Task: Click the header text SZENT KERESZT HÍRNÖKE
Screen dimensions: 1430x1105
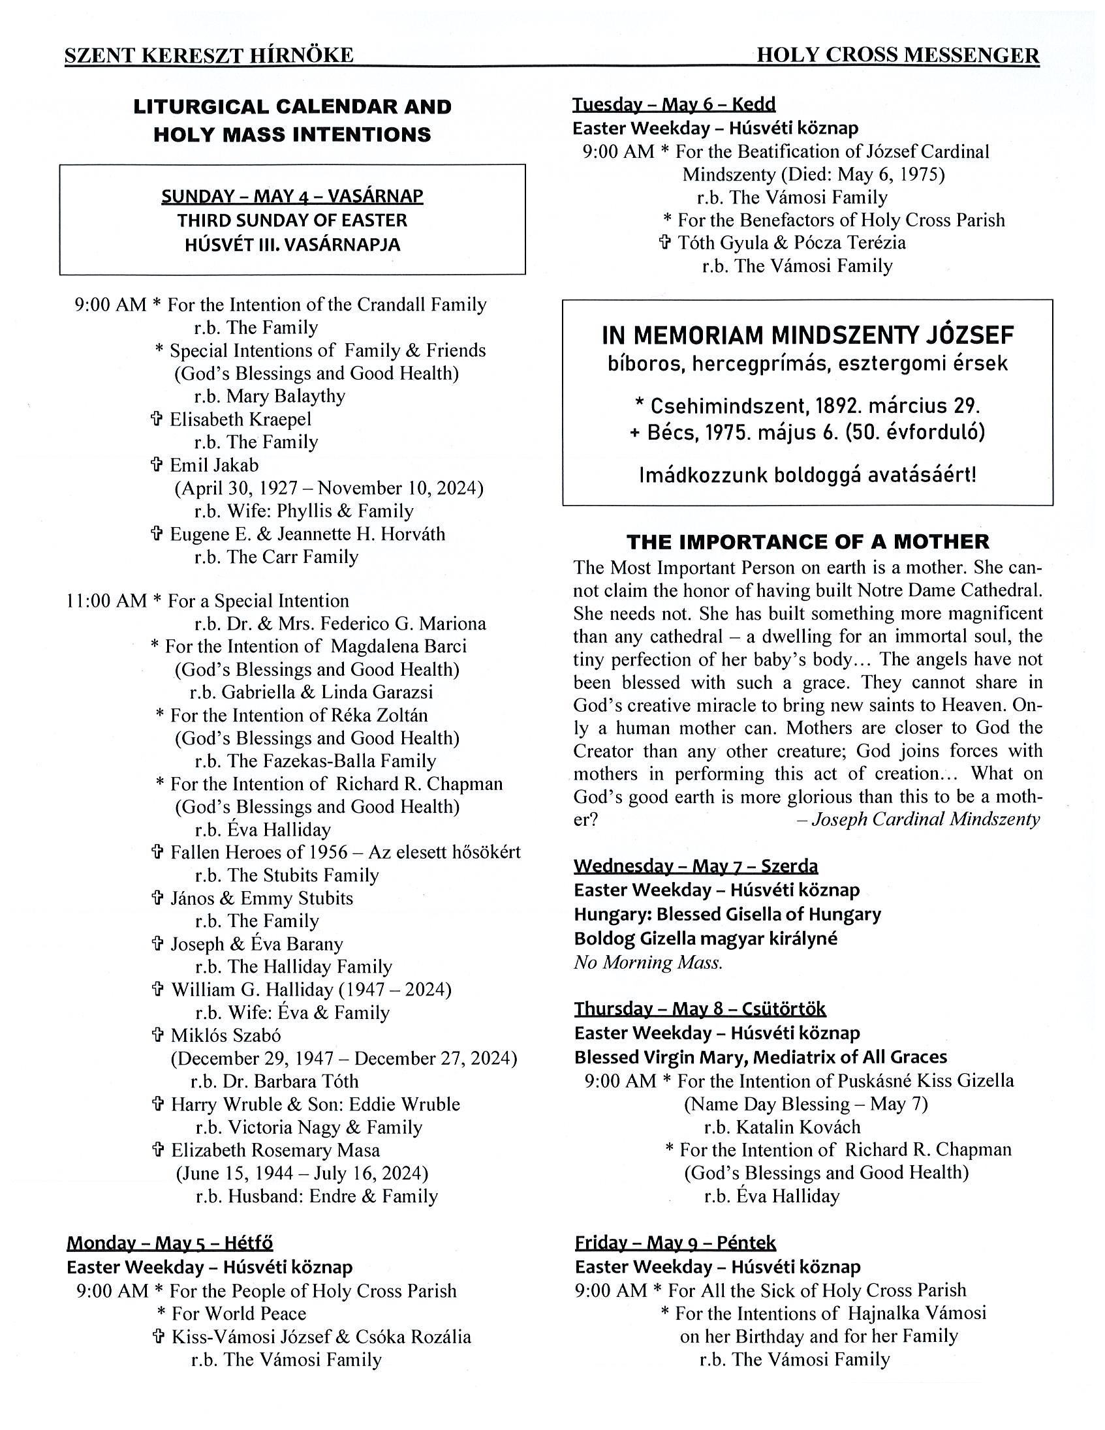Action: [209, 55]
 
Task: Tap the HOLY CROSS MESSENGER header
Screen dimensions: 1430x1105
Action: [897, 55]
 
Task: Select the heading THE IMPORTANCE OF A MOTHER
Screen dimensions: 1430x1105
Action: [807, 541]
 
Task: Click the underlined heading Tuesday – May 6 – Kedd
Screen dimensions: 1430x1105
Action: [674, 105]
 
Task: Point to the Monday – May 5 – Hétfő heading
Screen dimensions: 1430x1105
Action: [170, 1243]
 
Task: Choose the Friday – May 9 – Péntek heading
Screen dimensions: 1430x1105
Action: [675, 1243]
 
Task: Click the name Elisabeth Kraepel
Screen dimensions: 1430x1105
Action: [240, 419]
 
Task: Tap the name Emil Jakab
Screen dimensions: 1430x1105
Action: [214, 465]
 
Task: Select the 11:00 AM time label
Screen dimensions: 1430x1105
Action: [106, 600]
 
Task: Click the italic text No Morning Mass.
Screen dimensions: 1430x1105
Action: [648, 962]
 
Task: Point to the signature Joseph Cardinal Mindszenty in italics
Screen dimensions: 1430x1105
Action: [925, 819]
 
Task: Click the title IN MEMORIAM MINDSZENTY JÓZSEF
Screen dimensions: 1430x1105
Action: [807, 336]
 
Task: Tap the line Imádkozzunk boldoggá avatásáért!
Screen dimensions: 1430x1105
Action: [807, 475]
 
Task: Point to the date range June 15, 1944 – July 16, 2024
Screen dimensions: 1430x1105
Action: [302, 1173]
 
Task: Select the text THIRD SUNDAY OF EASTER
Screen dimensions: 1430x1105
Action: [292, 220]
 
